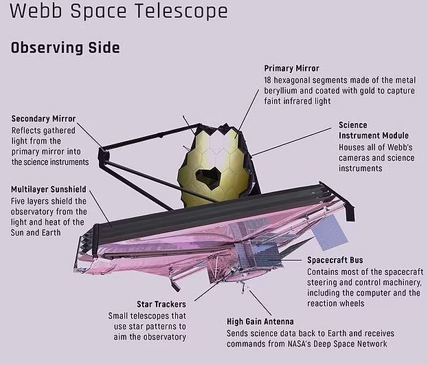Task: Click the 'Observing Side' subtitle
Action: click(x=65, y=48)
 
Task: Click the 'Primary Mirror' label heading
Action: click(x=291, y=68)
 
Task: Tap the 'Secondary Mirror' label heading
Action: click(x=43, y=118)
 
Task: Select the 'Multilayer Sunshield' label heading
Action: click(x=49, y=189)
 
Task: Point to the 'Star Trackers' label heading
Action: click(x=161, y=304)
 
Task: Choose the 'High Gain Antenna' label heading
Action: click(x=260, y=322)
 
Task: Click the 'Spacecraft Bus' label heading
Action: click(x=335, y=260)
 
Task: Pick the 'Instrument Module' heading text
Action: click(x=374, y=135)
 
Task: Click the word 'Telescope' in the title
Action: click(x=181, y=12)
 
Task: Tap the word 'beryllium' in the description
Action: click(x=280, y=91)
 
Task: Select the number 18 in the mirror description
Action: click(x=267, y=80)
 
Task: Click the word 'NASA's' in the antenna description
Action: click(x=299, y=344)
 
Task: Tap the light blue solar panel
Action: click(x=330, y=233)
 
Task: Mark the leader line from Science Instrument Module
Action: click(x=291, y=142)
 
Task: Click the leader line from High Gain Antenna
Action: click(x=260, y=303)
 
